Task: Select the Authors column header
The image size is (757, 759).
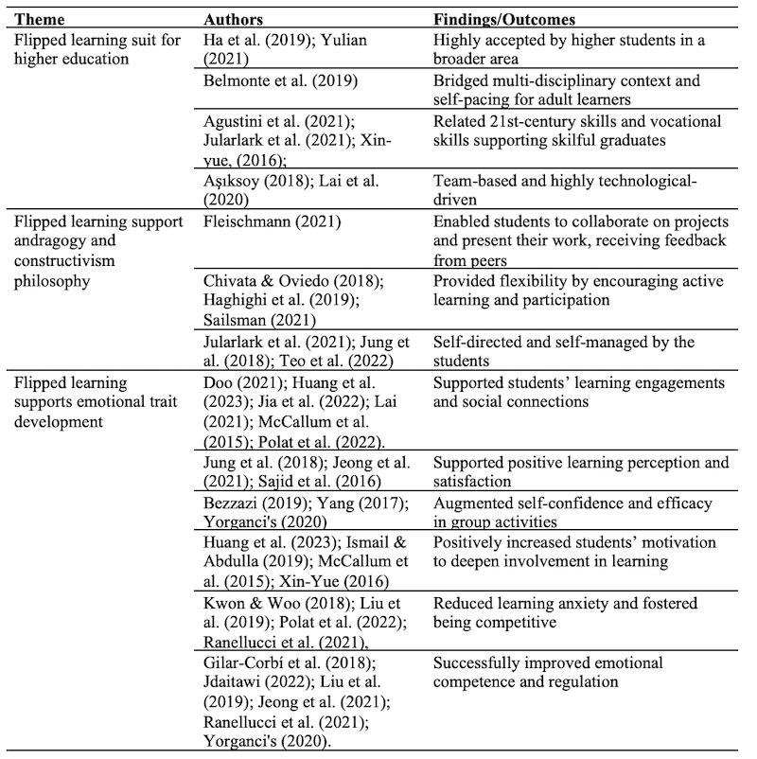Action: tap(233, 18)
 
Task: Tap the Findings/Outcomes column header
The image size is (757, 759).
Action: tap(504, 18)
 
